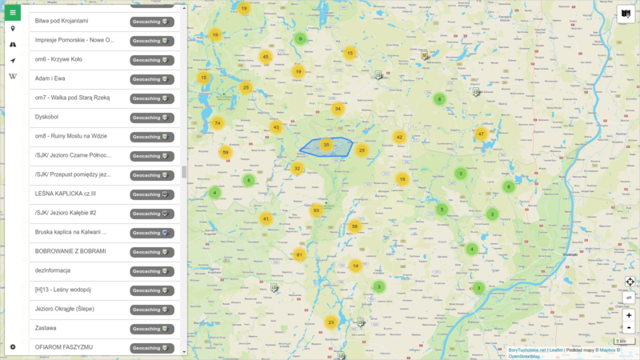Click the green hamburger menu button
click(x=13, y=13)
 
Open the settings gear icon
click(x=13, y=346)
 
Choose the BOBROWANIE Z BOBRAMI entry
click(x=70, y=251)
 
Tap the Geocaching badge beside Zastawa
click(x=152, y=329)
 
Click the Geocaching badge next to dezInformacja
click(x=152, y=271)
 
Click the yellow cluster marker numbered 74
click(x=217, y=123)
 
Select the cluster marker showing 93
click(x=316, y=210)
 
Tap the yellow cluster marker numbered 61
click(x=299, y=255)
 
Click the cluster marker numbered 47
click(x=481, y=134)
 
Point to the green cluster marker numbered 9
click(x=300, y=38)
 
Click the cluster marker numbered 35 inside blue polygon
click(x=326, y=145)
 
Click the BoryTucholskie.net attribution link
click(x=527, y=350)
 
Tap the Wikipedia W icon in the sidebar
click(x=13, y=76)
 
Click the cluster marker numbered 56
click(x=354, y=226)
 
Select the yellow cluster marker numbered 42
click(x=398, y=137)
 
